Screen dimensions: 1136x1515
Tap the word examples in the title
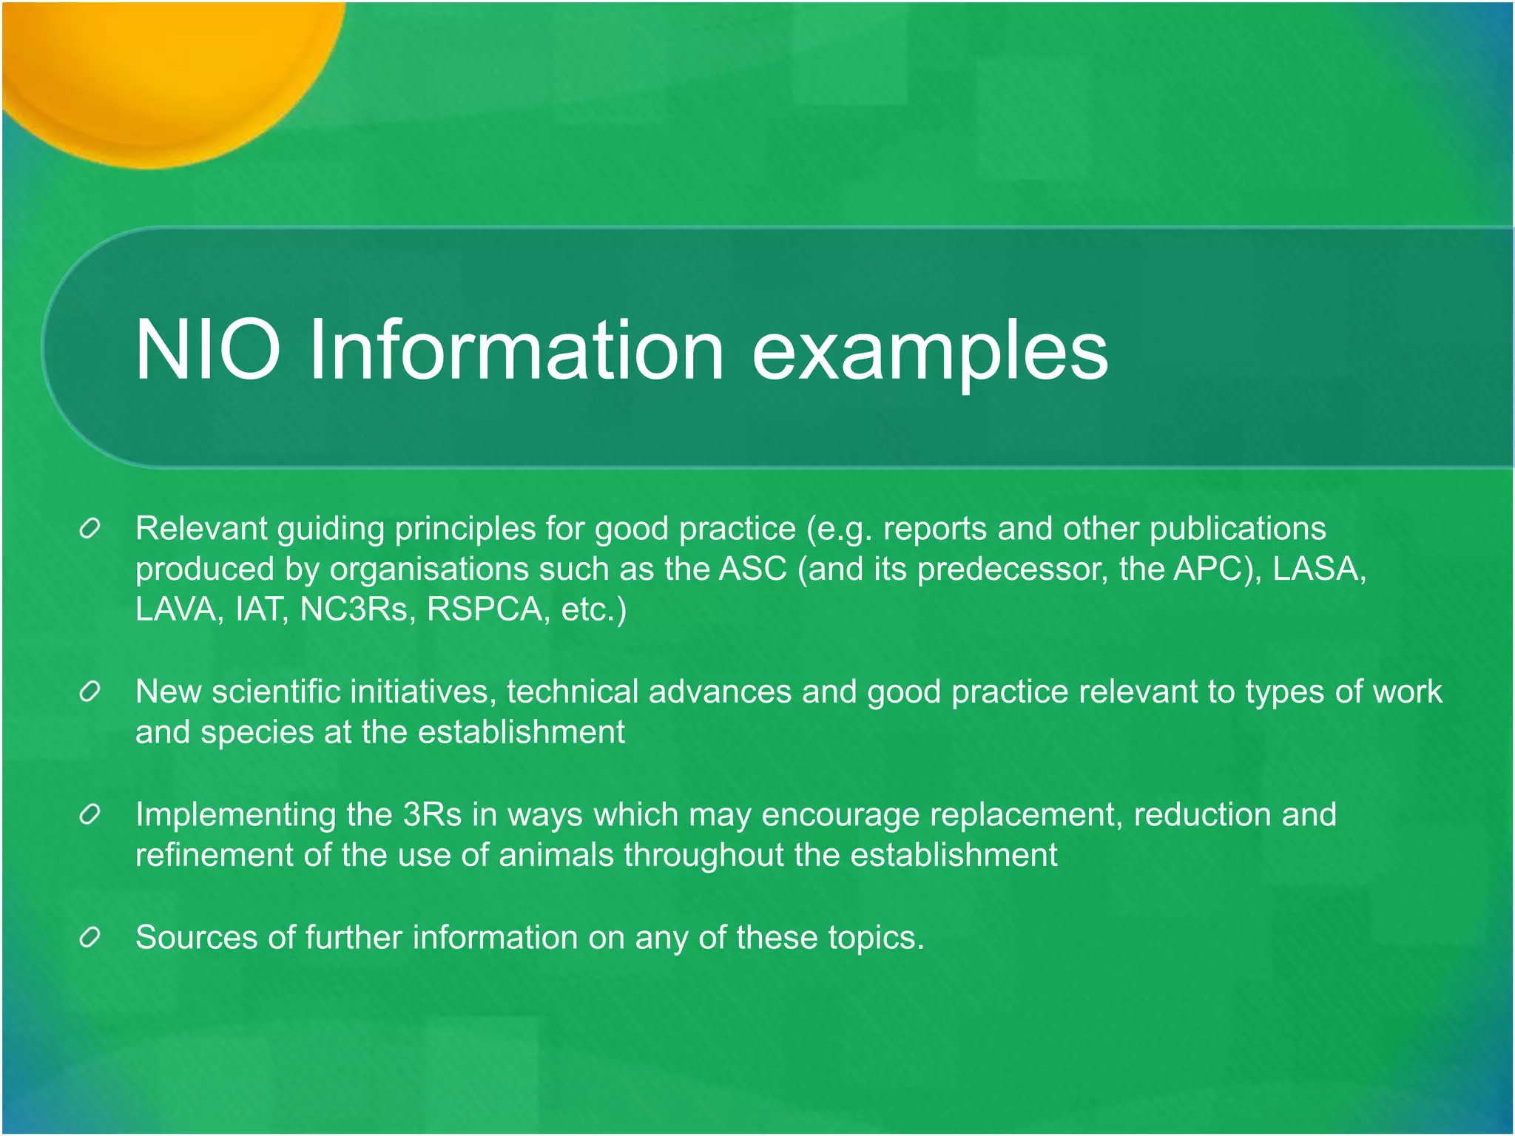[930, 351]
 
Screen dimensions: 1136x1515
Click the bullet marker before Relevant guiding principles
[90, 530]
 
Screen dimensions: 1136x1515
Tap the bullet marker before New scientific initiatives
[90, 692]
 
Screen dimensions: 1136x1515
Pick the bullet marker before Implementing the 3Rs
[90, 815]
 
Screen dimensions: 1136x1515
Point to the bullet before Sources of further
[90, 938]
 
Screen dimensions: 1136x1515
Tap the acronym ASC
[753, 569]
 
